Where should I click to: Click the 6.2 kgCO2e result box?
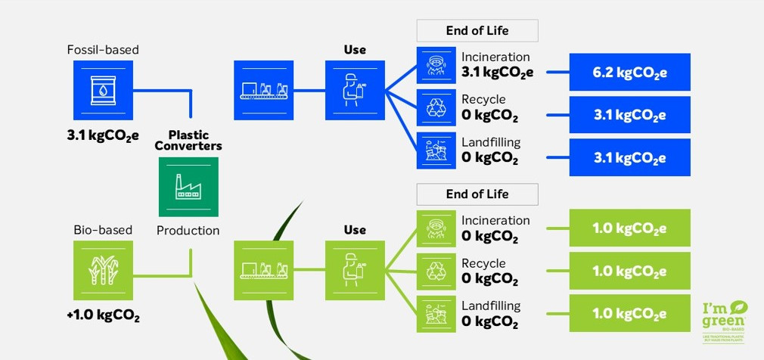tap(629, 73)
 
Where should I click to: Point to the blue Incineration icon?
tap(436, 66)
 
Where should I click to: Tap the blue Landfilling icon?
tap(436, 151)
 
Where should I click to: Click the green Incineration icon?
tap(436, 228)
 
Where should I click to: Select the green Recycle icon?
tap(436, 271)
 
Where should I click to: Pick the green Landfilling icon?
tap(436, 314)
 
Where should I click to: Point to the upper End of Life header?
tap(477, 30)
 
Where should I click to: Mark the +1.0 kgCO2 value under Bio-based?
tap(103, 315)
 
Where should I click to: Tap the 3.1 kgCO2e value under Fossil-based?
tap(103, 137)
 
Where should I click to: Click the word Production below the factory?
tap(188, 230)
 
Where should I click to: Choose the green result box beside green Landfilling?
tap(629, 314)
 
